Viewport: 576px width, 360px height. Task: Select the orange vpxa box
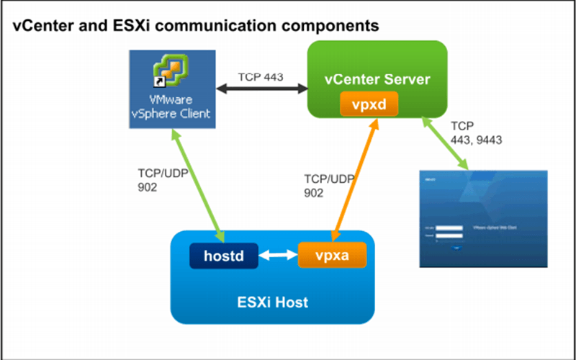331,255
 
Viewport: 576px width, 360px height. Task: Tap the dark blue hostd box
223,256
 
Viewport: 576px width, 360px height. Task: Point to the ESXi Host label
272,302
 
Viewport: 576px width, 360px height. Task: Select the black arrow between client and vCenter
261,90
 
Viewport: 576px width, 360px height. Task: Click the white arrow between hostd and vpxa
277,256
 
